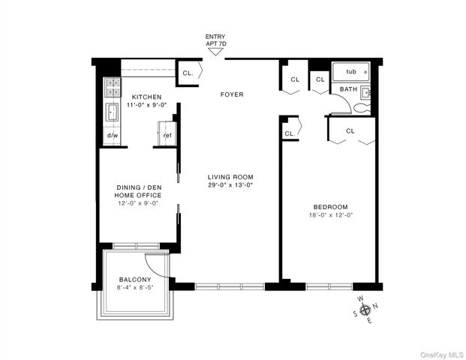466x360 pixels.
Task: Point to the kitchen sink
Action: click(113, 112)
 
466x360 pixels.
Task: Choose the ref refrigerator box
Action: click(167, 136)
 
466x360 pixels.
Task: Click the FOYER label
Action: click(231, 94)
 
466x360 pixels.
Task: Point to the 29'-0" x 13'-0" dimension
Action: click(230, 185)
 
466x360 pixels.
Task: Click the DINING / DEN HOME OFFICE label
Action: click(138, 191)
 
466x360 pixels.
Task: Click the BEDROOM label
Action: click(331, 206)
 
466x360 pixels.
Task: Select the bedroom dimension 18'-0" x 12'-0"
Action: click(331, 215)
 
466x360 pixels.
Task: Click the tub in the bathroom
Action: click(350, 72)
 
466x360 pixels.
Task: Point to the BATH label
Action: click(348, 89)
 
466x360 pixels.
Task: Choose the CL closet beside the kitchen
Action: click(188, 73)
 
